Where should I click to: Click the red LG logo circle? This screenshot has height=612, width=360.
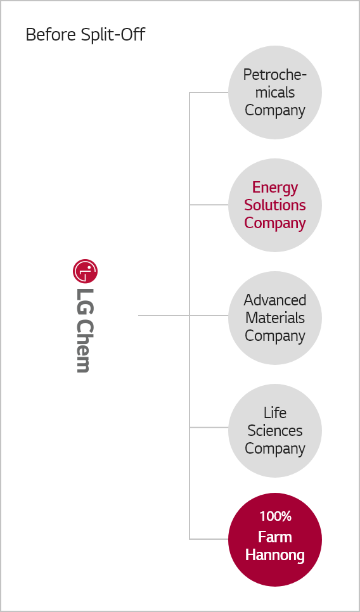(x=85, y=271)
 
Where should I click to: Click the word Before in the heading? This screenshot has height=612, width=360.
(x=51, y=34)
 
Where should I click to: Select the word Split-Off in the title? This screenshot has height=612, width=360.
(x=113, y=34)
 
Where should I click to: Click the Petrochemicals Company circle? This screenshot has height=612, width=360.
(x=275, y=92)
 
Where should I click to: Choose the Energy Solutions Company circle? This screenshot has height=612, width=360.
(x=275, y=205)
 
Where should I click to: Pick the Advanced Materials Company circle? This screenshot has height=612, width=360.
(x=275, y=317)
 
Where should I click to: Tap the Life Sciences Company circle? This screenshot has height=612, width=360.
(x=275, y=431)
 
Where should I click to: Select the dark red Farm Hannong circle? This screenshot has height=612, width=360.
(x=275, y=539)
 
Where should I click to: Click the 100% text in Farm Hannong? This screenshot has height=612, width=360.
(x=275, y=516)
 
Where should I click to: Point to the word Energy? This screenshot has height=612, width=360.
(x=275, y=188)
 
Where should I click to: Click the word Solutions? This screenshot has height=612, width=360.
(x=275, y=205)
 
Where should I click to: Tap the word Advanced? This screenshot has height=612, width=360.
(x=275, y=300)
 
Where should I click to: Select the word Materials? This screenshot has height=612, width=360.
(x=275, y=317)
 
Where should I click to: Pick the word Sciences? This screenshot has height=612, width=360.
(x=275, y=431)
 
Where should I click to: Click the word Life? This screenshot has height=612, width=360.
(x=275, y=412)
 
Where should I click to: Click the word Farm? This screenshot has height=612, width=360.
(x=275, y=537)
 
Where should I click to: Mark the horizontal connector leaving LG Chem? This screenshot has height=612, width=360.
(x=164, y=316)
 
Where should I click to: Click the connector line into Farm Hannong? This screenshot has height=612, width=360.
(x=209, y=539)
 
